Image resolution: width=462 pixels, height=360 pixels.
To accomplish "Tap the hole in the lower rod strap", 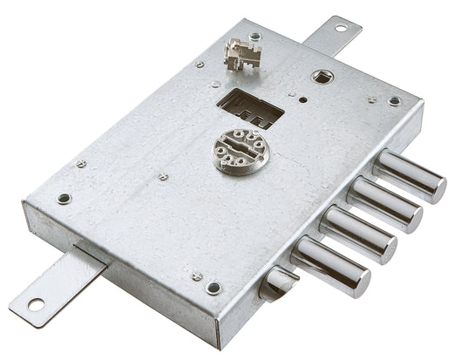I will [x=36, y=304].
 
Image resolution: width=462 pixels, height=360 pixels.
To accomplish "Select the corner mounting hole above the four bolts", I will [x=394, y=101].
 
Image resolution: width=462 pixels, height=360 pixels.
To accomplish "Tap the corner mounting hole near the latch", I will [x=213, y=288].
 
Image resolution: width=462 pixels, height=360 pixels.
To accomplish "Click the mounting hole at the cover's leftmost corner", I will [x=64, y=198].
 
